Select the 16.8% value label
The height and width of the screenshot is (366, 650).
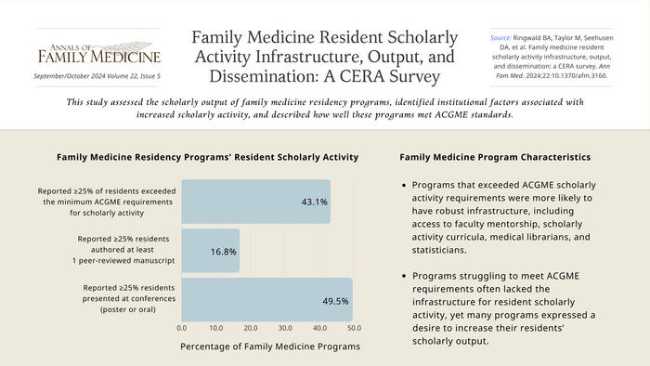point(223,251)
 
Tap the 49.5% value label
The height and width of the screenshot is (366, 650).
point(335,301)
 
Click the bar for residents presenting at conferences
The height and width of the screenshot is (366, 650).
point(266,300)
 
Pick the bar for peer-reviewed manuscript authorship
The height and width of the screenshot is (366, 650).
point(210,251)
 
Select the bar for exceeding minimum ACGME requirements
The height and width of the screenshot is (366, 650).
point(255,202)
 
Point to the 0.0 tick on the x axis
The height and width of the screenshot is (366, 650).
point(182,328)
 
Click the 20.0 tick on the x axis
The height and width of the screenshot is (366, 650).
point(251,328)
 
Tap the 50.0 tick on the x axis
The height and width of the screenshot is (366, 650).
point(354,328)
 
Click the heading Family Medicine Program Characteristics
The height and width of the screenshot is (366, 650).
point(494,157)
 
